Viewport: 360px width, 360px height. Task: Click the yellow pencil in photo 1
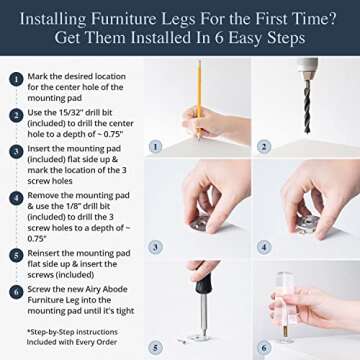pyautogui.click(x=199, y=100)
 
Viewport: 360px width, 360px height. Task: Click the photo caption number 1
pyautogui.click(x=154, y=145)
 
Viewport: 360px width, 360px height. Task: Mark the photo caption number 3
pyautogui.click(x=154, y=246)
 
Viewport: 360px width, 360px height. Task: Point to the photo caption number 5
pyautogui.click(x=154, y=346)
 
